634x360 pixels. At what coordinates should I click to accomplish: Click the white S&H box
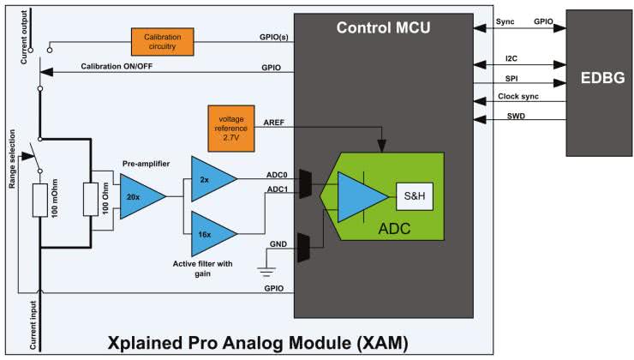point(413,195)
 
